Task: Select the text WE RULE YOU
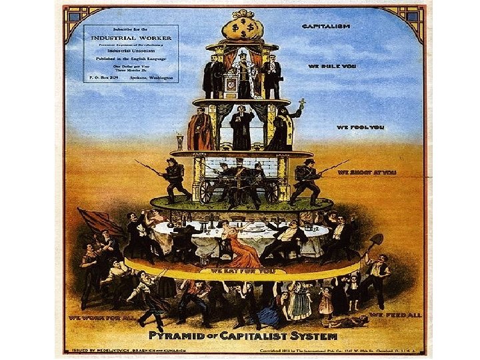327,66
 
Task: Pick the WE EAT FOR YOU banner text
241,271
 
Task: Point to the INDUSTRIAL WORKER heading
130,37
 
